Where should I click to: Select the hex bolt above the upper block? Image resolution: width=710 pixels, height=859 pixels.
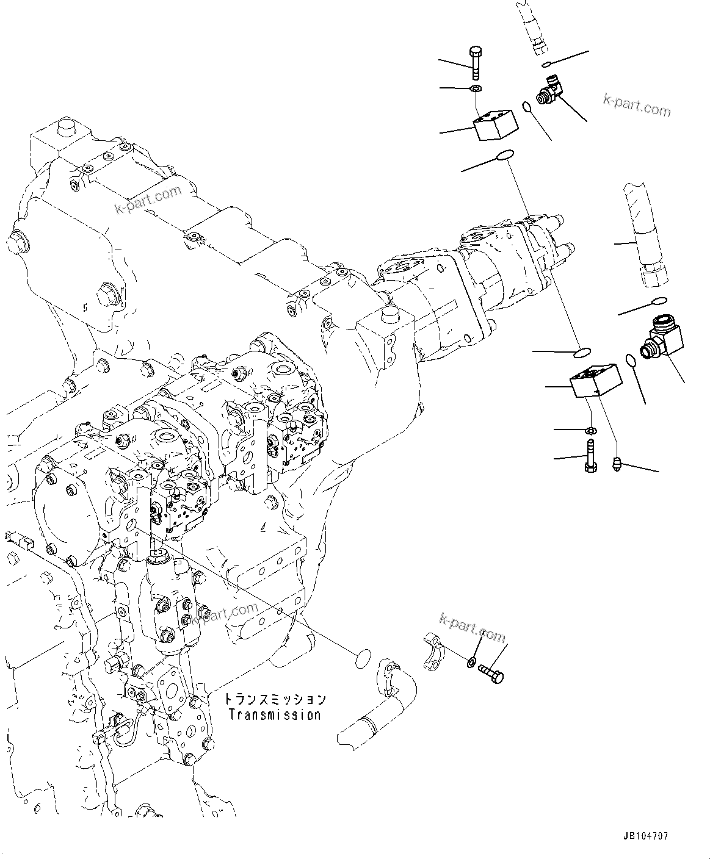[475, 63]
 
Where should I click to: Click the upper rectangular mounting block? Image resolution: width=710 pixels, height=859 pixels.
[495, 124]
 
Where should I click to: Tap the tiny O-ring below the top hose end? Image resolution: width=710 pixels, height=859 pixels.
[546, 64]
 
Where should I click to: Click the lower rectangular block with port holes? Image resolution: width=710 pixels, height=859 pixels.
[596, 381]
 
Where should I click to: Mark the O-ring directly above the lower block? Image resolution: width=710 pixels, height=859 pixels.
[582, 353]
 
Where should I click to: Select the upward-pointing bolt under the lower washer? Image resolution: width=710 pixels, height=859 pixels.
[590, 455]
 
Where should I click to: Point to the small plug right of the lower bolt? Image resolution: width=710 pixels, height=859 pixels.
[617, 463]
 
